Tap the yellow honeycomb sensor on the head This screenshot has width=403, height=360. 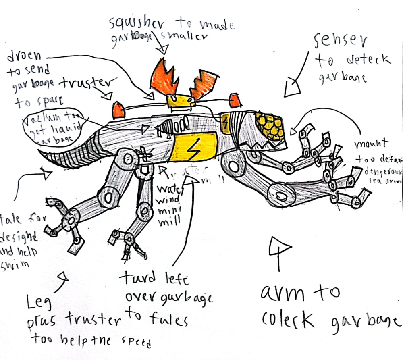269,125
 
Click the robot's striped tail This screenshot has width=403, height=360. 69,157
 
